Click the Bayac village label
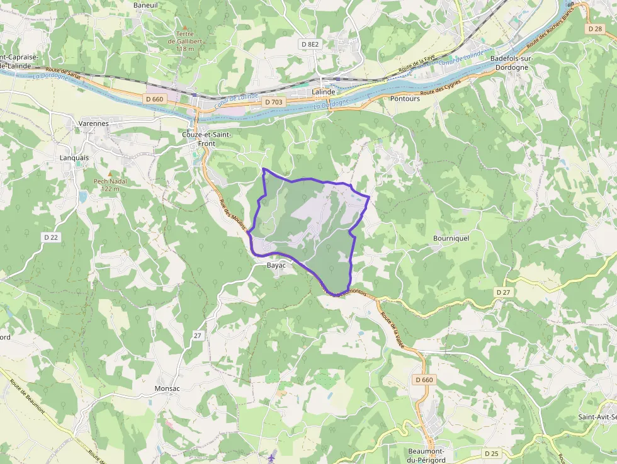point(276,266)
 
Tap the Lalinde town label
point(324,92)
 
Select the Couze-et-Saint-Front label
point(207,139)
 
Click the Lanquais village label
point(74,157)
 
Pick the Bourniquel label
point(451,239)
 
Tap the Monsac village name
point(167,388)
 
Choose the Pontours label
point(405,99)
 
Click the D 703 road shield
point(274,102)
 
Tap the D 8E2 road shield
point(310,44)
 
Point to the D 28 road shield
point(594,29)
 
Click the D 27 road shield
point(502,292)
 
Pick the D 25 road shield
point(492,453)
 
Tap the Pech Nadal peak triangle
point(110,173)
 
